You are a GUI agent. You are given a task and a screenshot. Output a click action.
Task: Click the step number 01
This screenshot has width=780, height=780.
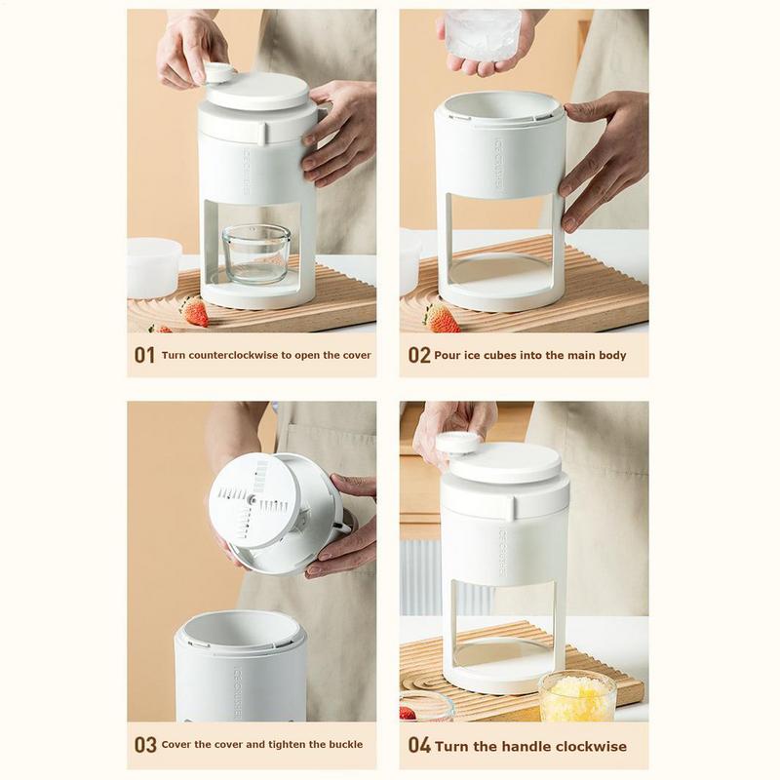144,356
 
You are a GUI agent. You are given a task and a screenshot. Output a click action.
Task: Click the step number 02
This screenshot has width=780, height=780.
419,356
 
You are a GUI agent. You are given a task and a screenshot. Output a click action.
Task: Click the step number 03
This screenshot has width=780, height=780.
145,745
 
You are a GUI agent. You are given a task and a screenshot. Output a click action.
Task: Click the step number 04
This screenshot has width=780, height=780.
419,746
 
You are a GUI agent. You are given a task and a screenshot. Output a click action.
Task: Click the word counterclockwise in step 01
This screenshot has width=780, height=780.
231,356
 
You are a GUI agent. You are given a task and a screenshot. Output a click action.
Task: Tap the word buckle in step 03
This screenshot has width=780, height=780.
342,745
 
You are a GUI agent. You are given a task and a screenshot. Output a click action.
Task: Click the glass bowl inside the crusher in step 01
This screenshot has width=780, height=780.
255,254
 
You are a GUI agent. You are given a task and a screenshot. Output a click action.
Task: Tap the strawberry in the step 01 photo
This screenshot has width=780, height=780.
195,311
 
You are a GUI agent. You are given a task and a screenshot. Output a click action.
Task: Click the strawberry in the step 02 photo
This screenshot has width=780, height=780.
442,317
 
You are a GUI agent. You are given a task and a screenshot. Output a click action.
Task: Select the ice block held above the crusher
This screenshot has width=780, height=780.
483,36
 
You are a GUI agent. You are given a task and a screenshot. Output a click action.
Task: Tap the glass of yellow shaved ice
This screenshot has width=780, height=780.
576,696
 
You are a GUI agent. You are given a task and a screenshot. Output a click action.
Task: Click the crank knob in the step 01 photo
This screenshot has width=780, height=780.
218,72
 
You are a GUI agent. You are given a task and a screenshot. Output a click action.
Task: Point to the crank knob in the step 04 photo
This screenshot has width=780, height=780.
457,443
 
